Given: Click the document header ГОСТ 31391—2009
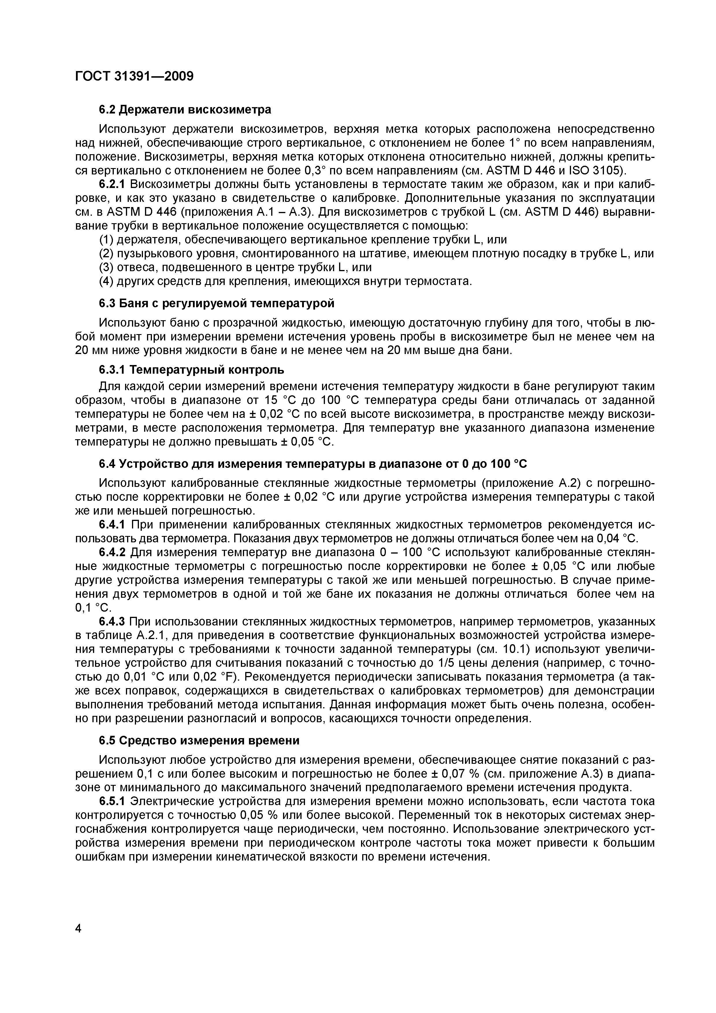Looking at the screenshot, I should pyautogui.click(x=134, y=76).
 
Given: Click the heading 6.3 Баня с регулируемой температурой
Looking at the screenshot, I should pyautogui.click(x=216, y=303).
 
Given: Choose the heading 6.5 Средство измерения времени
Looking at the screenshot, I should pyautogui.click(x=199, y=740).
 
